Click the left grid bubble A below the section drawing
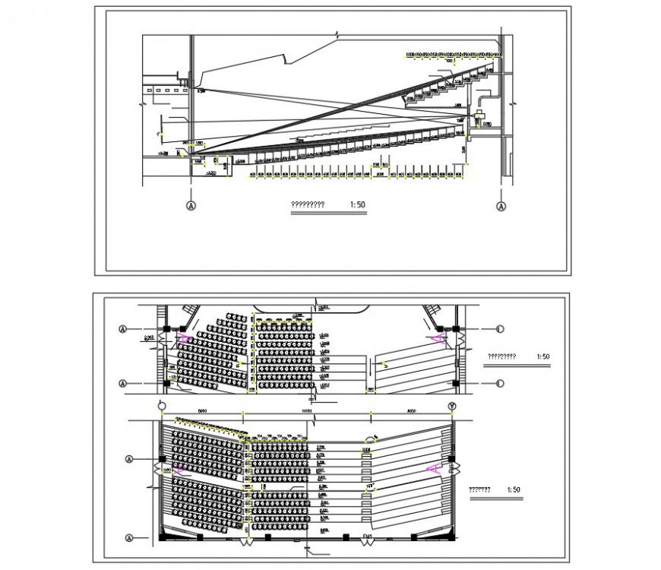[x=190, y=206]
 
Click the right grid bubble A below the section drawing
[x=501, y=206]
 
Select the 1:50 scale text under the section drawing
[x=358, y=204]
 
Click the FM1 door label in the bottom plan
[x=367, y=537]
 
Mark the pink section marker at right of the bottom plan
[x=435, y=469]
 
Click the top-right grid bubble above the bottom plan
[x=452, y=407]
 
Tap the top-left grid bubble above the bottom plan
[x=161, y=407]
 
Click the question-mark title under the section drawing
[x=308, y=204]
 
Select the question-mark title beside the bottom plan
[x=479, y=490]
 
